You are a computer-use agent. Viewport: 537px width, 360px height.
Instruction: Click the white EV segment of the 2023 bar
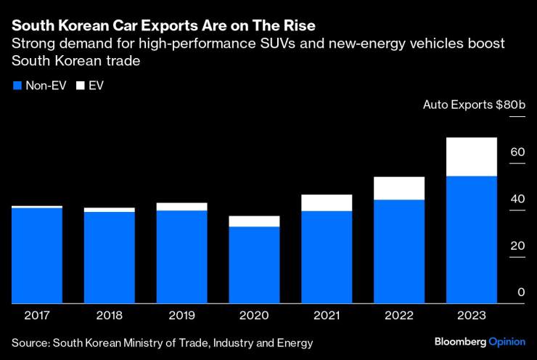tap(471, 157)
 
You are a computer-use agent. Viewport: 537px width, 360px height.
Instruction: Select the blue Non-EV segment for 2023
tap(471, 240)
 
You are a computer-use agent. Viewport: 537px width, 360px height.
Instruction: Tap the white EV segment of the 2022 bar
tap(398, 188)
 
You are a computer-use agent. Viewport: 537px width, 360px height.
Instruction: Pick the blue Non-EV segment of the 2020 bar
tap(254, 265)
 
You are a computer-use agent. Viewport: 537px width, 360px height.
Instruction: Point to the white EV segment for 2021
tap(327, 202)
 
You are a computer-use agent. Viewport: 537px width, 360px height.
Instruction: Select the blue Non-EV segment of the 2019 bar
tap(181, 256)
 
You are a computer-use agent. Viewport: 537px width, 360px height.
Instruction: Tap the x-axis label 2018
tap(109, 316)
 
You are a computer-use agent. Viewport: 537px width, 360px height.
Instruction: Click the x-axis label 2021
tap(327, 316)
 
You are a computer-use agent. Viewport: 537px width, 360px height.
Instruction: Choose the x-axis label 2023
tap(471, 316)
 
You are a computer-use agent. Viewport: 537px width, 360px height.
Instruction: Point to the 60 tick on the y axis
tap(517, 152)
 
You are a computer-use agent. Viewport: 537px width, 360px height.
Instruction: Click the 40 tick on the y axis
tap(517, 199)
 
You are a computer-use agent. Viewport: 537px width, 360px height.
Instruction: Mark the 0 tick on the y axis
tap(520, 292)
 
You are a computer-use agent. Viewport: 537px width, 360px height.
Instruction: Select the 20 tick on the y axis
tap(517, 245)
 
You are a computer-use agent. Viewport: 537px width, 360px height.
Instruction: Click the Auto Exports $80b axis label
tap(474, 105)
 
